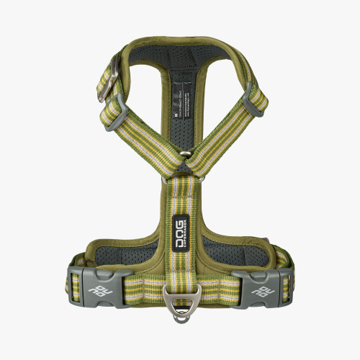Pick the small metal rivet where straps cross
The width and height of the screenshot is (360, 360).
[x=185, y=153]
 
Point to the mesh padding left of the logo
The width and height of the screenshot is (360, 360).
[x=140, y=248]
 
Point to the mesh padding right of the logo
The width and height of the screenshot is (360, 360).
[x=220, y=248]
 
